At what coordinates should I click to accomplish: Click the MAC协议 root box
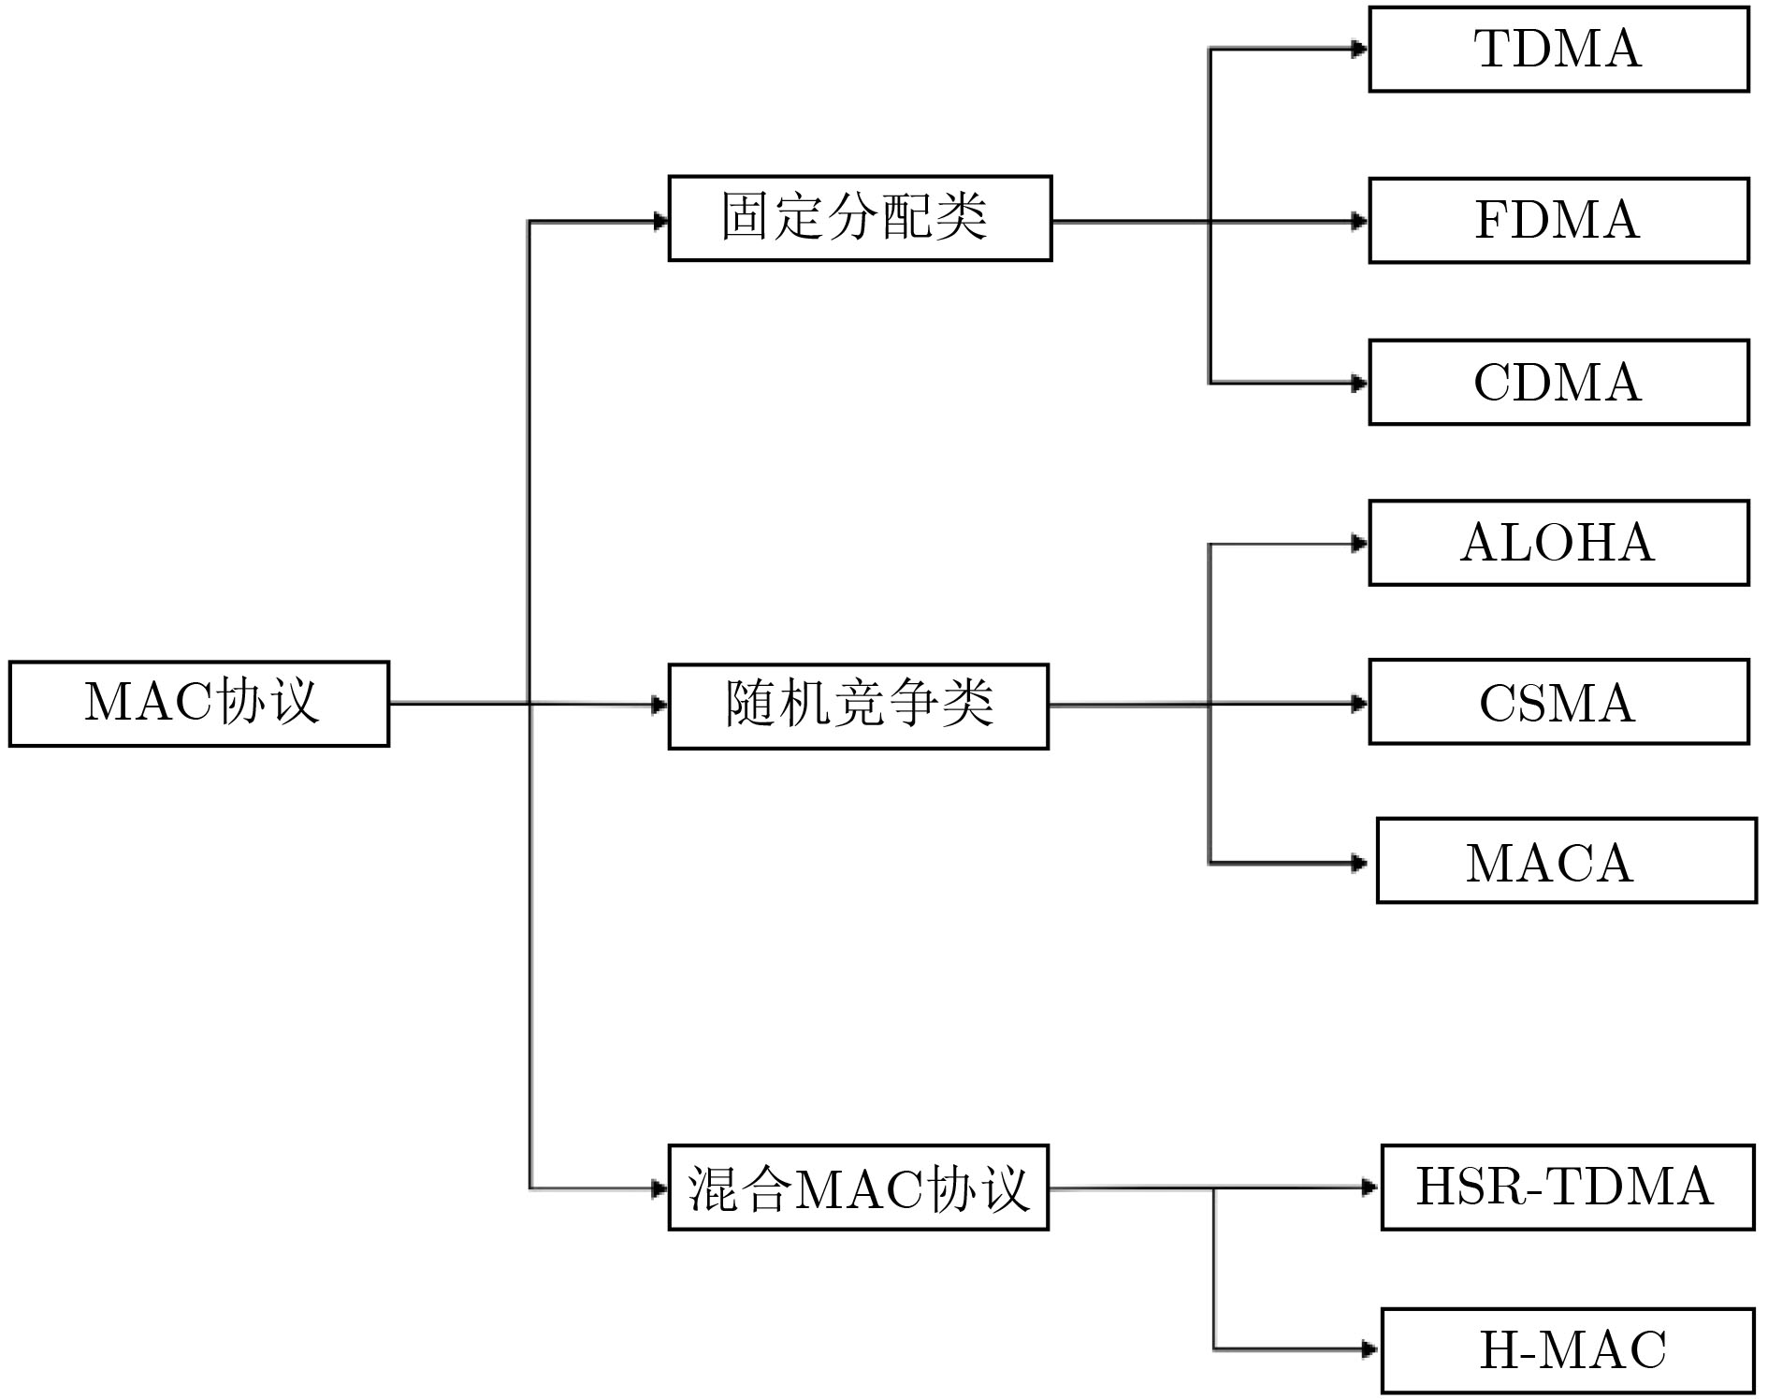(x=198, y=704)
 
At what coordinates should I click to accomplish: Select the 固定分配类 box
(x=860, y=218)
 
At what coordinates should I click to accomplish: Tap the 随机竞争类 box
(x=858, y=707)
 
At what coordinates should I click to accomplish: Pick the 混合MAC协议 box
(x=858, y=1188)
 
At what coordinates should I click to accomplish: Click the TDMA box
(x=1558, y=50)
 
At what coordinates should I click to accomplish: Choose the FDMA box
(x=1558, y=221)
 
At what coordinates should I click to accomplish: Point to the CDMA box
(x=1558, y=383)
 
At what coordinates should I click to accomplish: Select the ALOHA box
(x=1558, y=544)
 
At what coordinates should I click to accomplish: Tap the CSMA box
(x=1558, y=703)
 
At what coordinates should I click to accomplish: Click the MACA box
(x=1566, y=862)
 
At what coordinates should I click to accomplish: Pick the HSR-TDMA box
(x=1567, y=1188)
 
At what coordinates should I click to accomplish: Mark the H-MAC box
(x=1567, y=1350)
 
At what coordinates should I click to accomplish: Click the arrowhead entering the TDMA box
(x=1360, y=50)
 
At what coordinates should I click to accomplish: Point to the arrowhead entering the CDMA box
(x=1360, y=383)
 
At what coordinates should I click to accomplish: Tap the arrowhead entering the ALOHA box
(x=1360, y=544)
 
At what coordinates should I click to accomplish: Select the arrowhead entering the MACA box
(x=1360, y=863)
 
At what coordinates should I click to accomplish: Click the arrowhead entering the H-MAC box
(x=1371, y=1349)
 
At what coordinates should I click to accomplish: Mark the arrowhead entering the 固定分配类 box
(x=660, y=222)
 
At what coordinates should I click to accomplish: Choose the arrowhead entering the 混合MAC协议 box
(x=660, y=1188)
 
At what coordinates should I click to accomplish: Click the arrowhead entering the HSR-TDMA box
(x=1371, y=1188)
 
